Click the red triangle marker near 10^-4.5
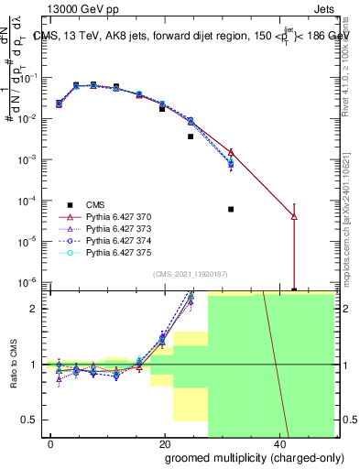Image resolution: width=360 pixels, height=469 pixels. (x=294, y=217)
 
